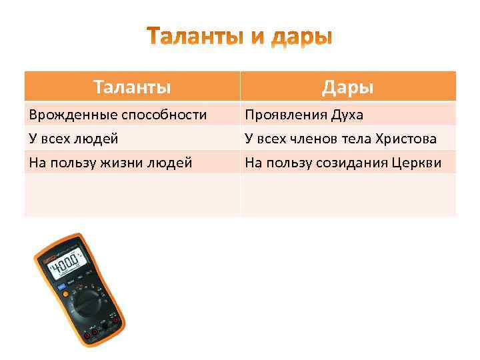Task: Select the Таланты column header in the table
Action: (x=132, y=87)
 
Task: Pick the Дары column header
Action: (x=347, y=87)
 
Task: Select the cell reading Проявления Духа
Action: (x=304, y=115)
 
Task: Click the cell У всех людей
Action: (x=73, y=139)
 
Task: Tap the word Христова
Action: (x=406, y=139)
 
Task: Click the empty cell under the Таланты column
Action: (x=132, y=195)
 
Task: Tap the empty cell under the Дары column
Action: (x=347, y=195)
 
